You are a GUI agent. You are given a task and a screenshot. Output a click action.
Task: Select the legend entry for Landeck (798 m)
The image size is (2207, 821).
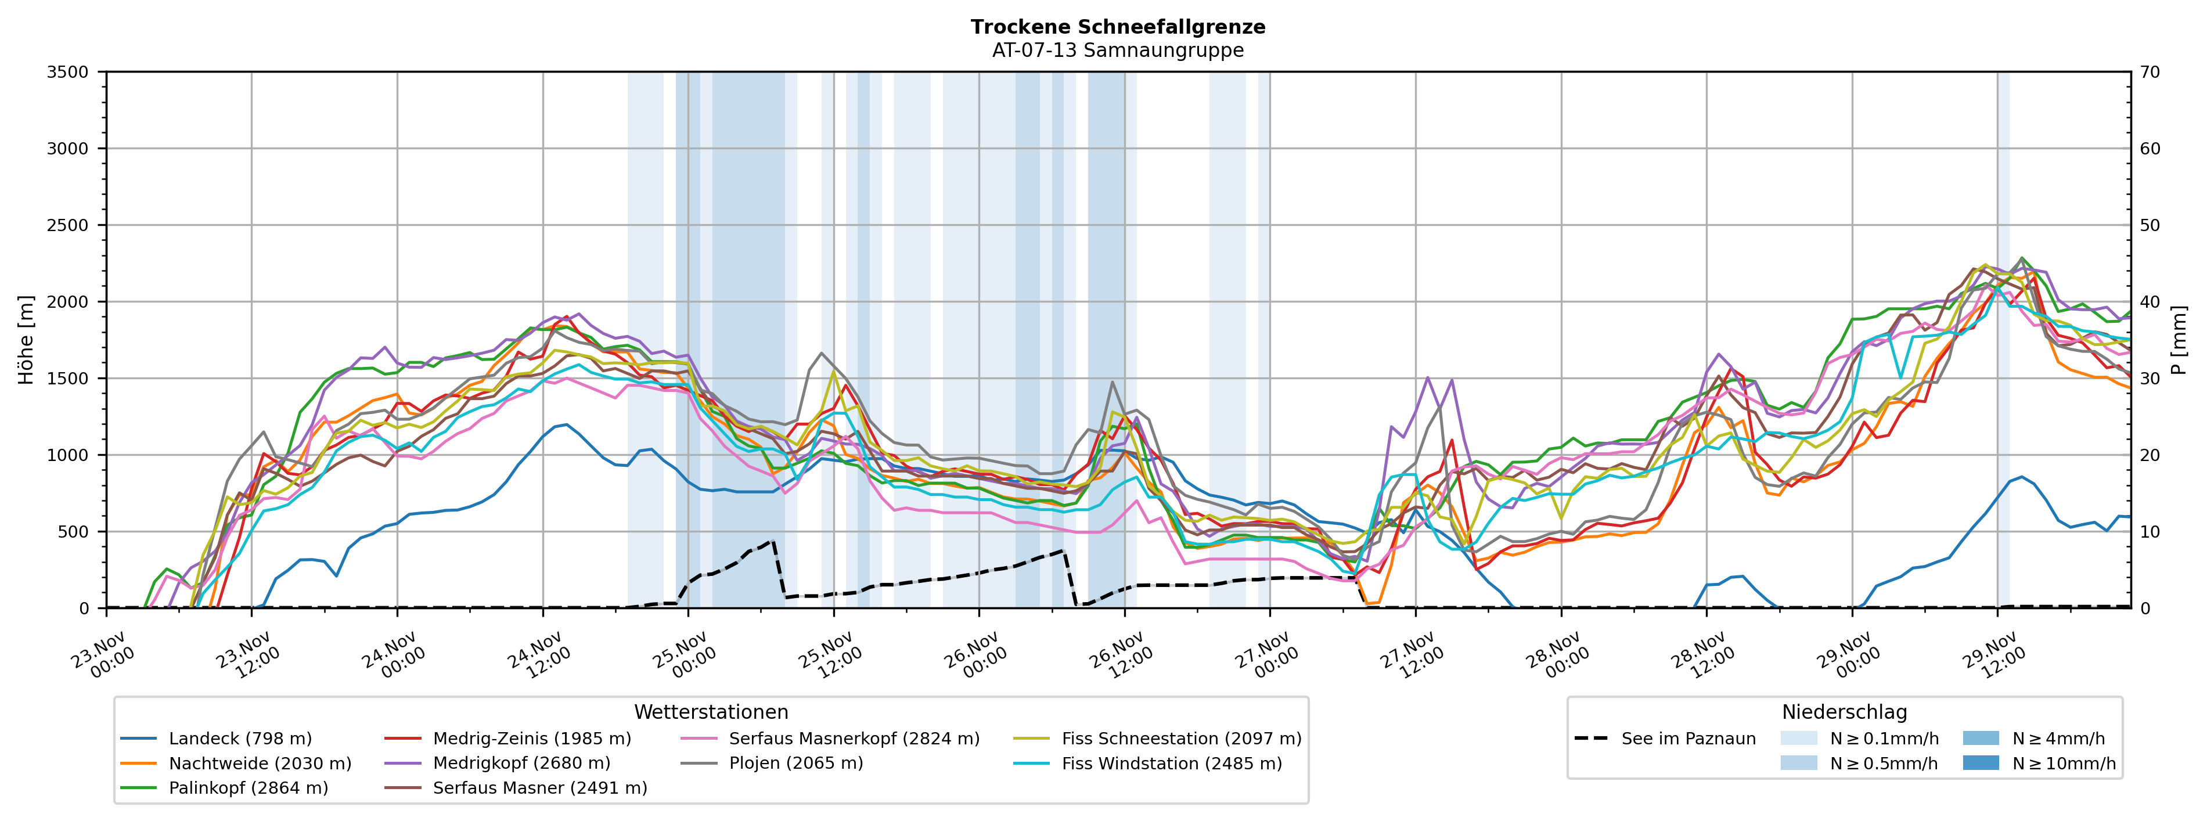tap(240, 739)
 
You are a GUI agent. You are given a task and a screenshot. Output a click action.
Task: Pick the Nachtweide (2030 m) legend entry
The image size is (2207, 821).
tap(260, 764)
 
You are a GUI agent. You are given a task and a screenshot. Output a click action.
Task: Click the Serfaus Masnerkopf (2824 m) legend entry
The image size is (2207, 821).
tap(854, 739)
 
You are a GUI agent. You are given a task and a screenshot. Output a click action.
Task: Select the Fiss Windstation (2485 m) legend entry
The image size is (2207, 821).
tap(1171, 764)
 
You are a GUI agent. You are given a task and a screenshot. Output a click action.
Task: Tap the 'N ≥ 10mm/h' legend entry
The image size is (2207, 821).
tap(2063, 764)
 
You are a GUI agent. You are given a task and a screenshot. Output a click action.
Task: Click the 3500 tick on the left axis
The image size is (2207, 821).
tap(68, 72)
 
